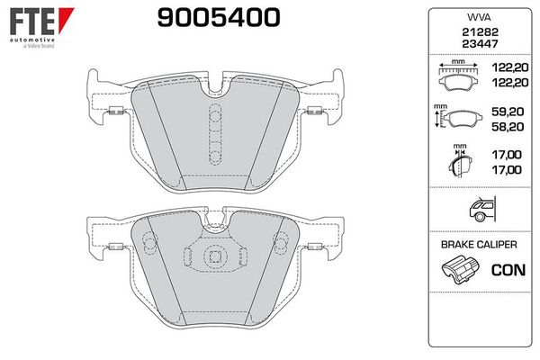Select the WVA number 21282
click(473, 31)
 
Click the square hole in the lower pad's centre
click(215, 257)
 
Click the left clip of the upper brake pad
click(115, 112)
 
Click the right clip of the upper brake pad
click(314, 112)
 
